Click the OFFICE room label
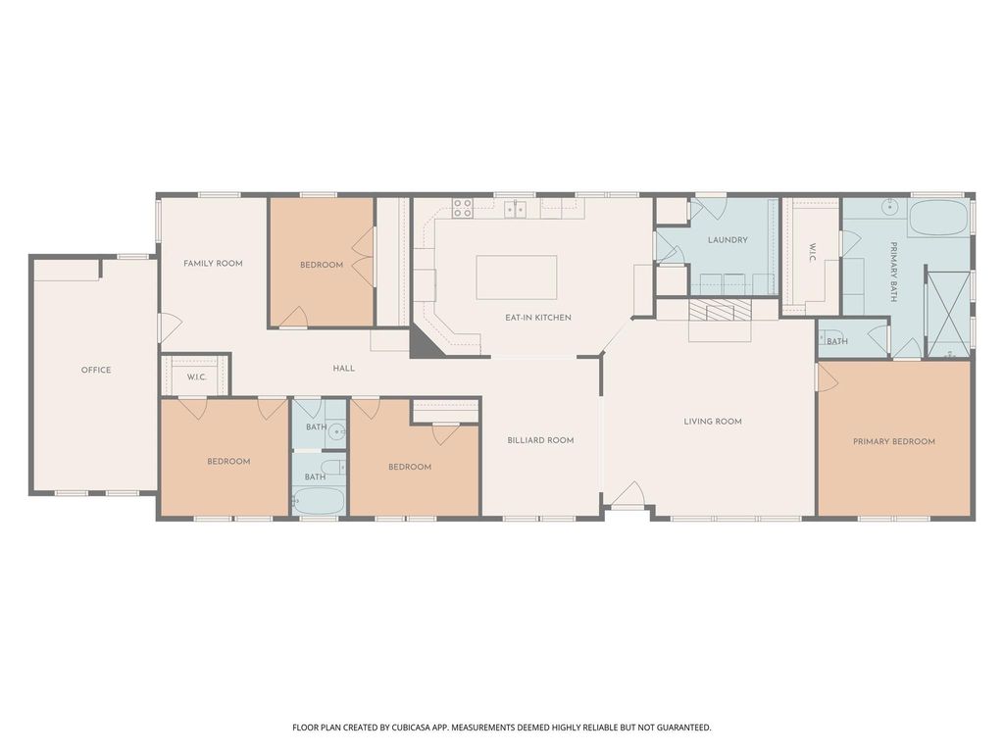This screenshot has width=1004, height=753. click(96, 370)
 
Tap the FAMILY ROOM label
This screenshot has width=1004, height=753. click(213, 263)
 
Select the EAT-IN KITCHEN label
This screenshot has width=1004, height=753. click(538, 318)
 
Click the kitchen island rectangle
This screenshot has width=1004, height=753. click(516, 277)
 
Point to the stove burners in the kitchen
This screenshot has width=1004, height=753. click(463, 208)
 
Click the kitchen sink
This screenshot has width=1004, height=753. click(515, 209)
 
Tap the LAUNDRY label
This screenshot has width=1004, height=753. click(728, 240)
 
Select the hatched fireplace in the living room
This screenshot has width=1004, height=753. click(720, 311)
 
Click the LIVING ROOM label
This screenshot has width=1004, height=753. click(713, 422)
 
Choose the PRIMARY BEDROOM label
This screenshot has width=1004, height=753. click(894, 441)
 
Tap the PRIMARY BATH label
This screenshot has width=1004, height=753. click(893, 272)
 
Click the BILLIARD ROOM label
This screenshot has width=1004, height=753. click(540, 440)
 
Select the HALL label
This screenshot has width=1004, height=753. click(344, 369)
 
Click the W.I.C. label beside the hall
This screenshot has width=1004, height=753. click(196, 377)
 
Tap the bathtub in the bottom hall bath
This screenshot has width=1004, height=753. click(319, 501)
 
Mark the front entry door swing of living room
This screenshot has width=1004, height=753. click(628, 494)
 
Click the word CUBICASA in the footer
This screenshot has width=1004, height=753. click(415, 728)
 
